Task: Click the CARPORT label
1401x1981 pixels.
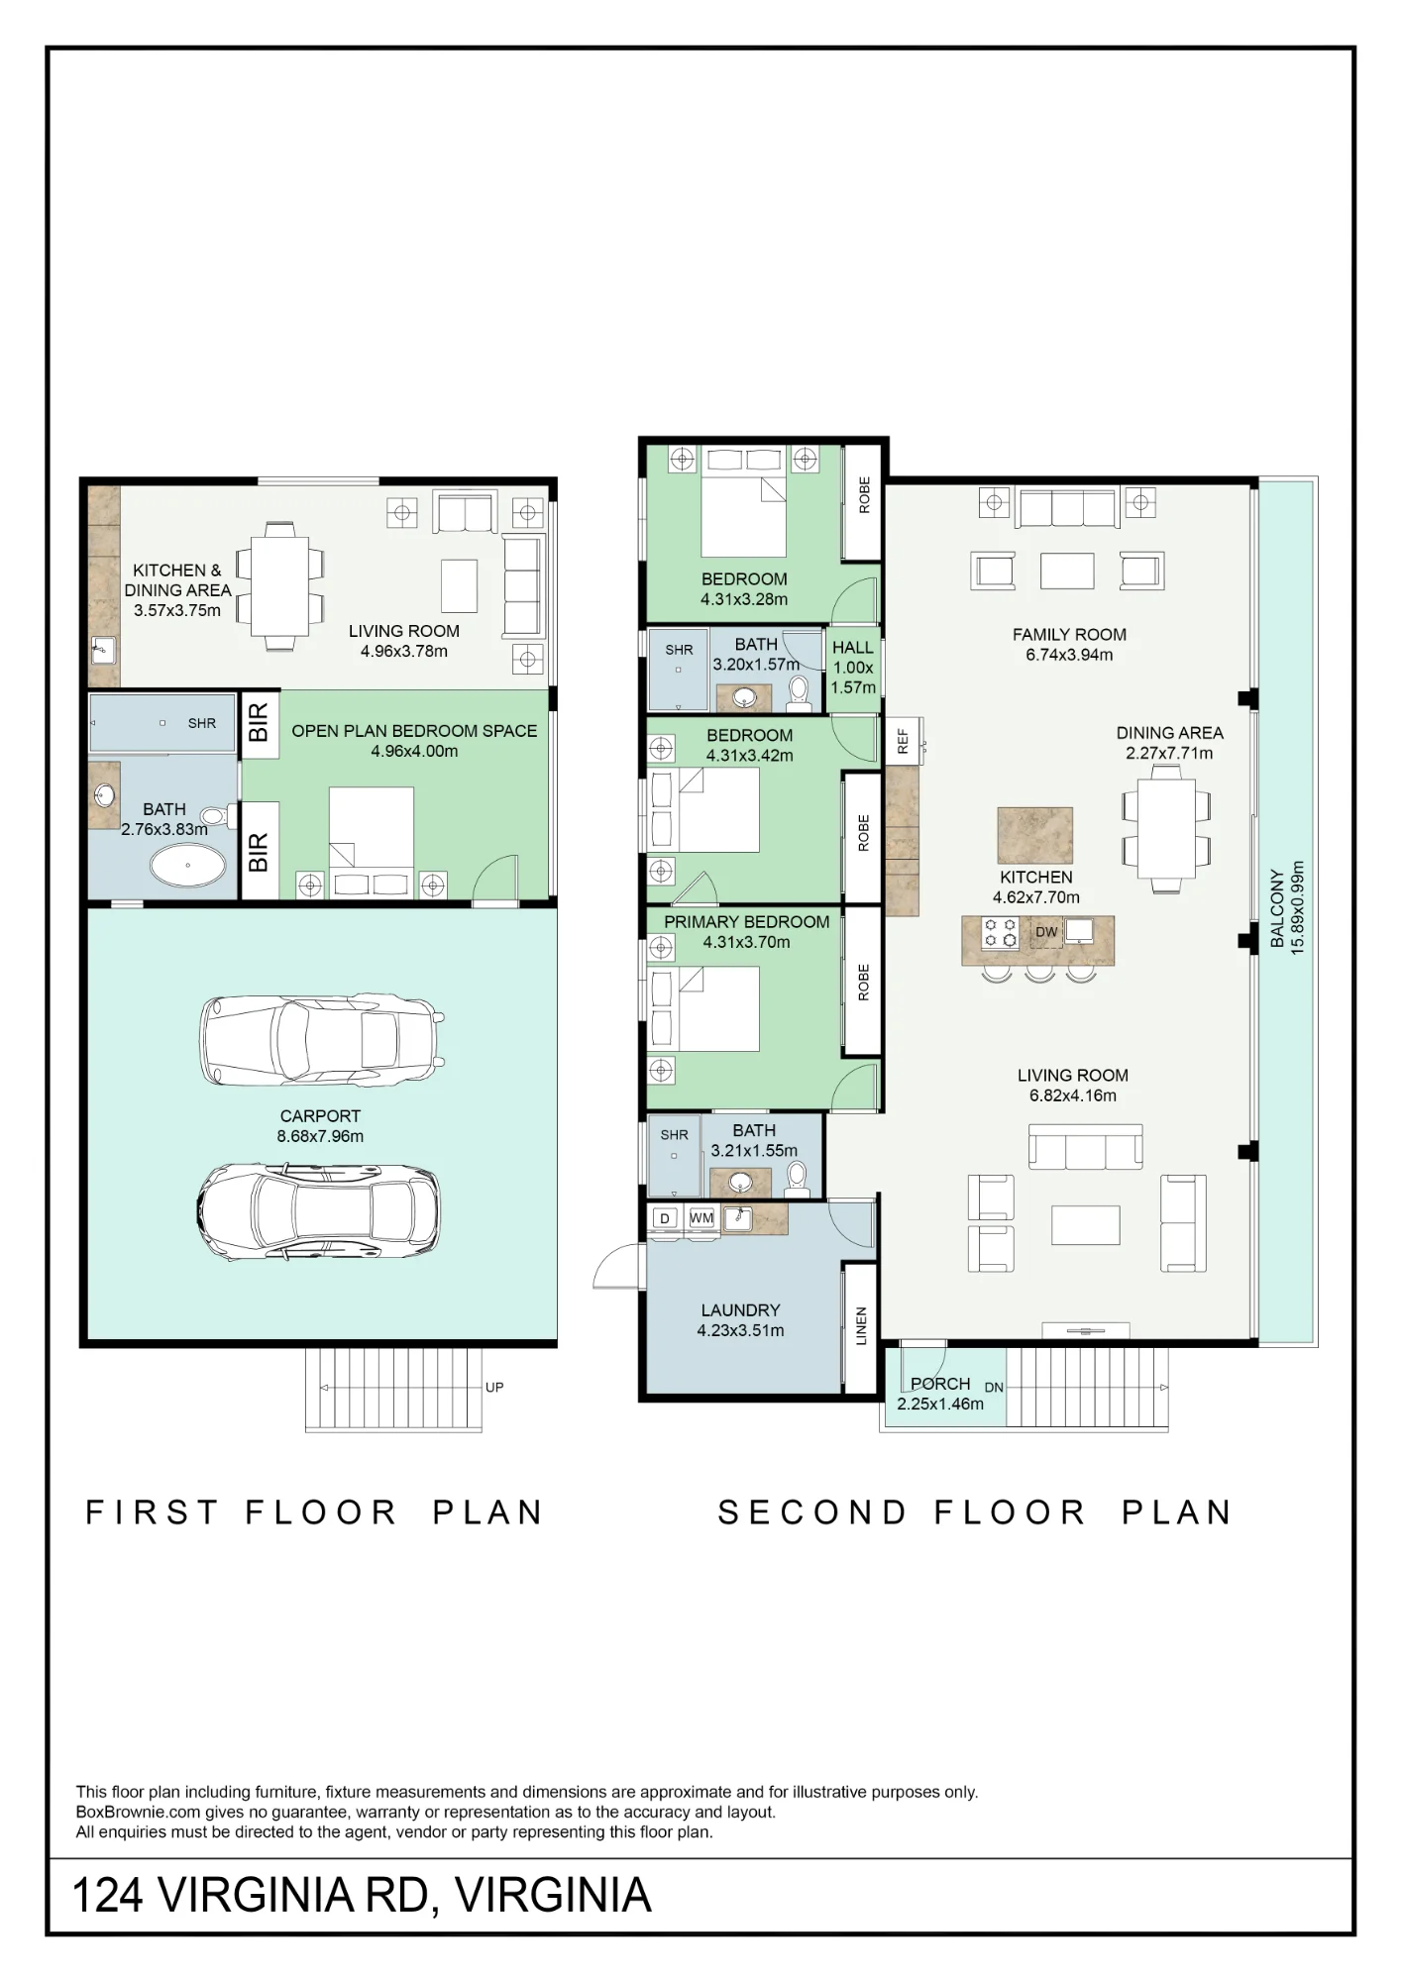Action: [320, 1115]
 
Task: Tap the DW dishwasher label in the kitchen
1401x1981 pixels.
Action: [1046, 932]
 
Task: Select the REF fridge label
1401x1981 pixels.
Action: [903, 742]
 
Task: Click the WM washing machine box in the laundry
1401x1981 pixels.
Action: [701, 1218]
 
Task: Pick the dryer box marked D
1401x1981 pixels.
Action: [666, 1218]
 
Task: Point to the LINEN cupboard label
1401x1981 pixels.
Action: [861, 1326]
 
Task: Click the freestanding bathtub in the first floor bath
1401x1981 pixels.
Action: [187, 866]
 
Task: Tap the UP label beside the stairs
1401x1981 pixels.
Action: [494, 1387]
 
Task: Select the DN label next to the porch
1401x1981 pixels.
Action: [994, 1388]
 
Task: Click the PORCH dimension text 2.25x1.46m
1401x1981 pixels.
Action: [940, 1404]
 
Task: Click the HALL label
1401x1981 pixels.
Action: [852, 648]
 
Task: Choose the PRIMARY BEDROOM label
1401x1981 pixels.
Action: [746, 922]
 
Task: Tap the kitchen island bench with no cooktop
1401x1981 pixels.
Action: [1035, 835]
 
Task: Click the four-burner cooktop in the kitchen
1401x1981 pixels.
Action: [1000, 933]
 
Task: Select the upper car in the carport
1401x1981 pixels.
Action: [322, 1039]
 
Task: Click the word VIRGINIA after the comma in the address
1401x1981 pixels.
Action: [553, 1896]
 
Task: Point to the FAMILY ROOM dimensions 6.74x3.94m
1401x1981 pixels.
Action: [1069, 655]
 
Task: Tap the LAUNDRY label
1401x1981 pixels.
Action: [740, 1310]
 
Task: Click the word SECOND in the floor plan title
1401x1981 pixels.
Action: [812, 1512]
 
